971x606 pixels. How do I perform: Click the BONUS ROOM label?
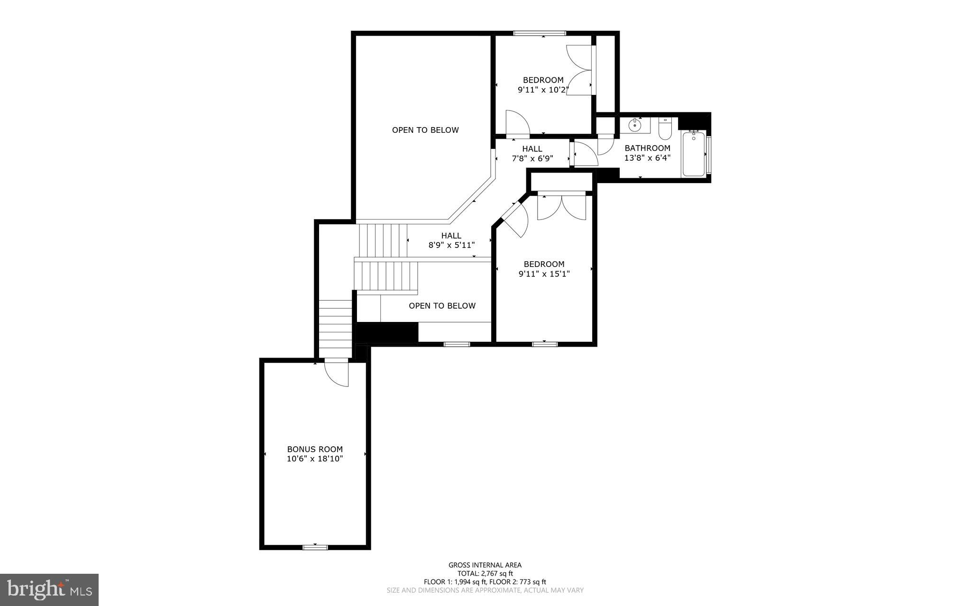pos(314,449)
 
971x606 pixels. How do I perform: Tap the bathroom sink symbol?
pos(634,126)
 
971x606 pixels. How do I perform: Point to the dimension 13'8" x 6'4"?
pos(647,158)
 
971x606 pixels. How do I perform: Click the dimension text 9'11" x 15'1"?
pos(544,274)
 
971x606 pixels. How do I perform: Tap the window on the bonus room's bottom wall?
pos(315,547)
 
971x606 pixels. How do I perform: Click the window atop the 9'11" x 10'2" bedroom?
pos(540,33)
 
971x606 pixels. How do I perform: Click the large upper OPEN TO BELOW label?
pos(425,130)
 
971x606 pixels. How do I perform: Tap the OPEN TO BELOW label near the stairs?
pos(442,306)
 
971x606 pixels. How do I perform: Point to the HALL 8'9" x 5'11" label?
pos(451,240)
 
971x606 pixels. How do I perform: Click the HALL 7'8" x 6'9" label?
pos(532,154)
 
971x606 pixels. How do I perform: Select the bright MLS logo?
pos(49,589)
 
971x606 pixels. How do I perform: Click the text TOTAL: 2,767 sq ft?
pos(485,573)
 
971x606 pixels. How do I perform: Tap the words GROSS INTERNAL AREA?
pos(485,565)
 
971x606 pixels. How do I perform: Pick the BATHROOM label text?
pos(647,148)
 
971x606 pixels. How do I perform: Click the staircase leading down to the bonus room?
pos(335,327)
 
